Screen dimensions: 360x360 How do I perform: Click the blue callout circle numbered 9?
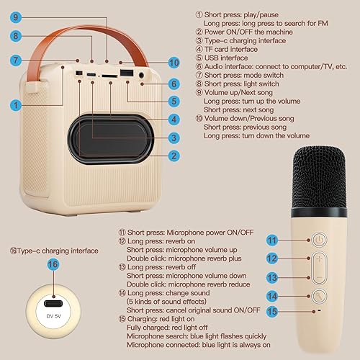tap(17, 15)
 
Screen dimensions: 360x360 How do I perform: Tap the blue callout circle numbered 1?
tap(16, 105)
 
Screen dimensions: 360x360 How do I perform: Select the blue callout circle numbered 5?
tap(174, 102)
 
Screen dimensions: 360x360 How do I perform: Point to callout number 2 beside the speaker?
tap(174, 155)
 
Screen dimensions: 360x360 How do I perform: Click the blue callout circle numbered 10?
tap(174, 63)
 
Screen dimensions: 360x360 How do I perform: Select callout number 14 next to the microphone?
tap(273, 295)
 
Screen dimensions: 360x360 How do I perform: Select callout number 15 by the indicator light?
tap(273, 311)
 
